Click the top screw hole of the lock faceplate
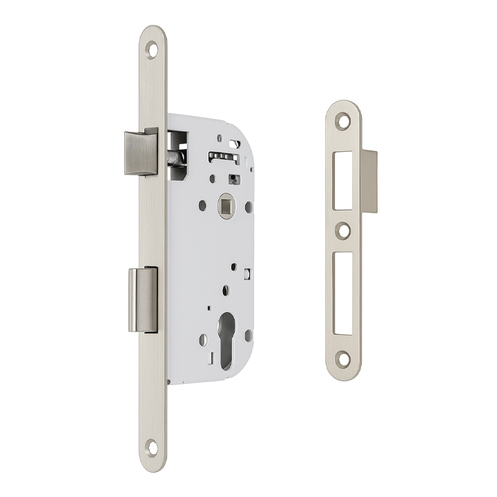pyautogui.click(x=152, y=50)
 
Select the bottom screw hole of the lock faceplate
pyautogui.click(x=153, y=447)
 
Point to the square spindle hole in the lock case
pyautogui.click(x=225, y=205)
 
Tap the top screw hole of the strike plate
pyautogui.click(x=343, y=119)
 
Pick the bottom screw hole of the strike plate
pyautogui.click(x=343, y=357)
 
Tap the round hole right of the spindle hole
pyautogui.click(x=248, y=206)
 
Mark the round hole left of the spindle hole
pyautogui.click(x=202, y=206)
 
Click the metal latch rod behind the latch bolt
pyautogui.click(x=175, y=158)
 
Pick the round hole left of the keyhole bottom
pyautogui.click(x=203, y=339)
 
